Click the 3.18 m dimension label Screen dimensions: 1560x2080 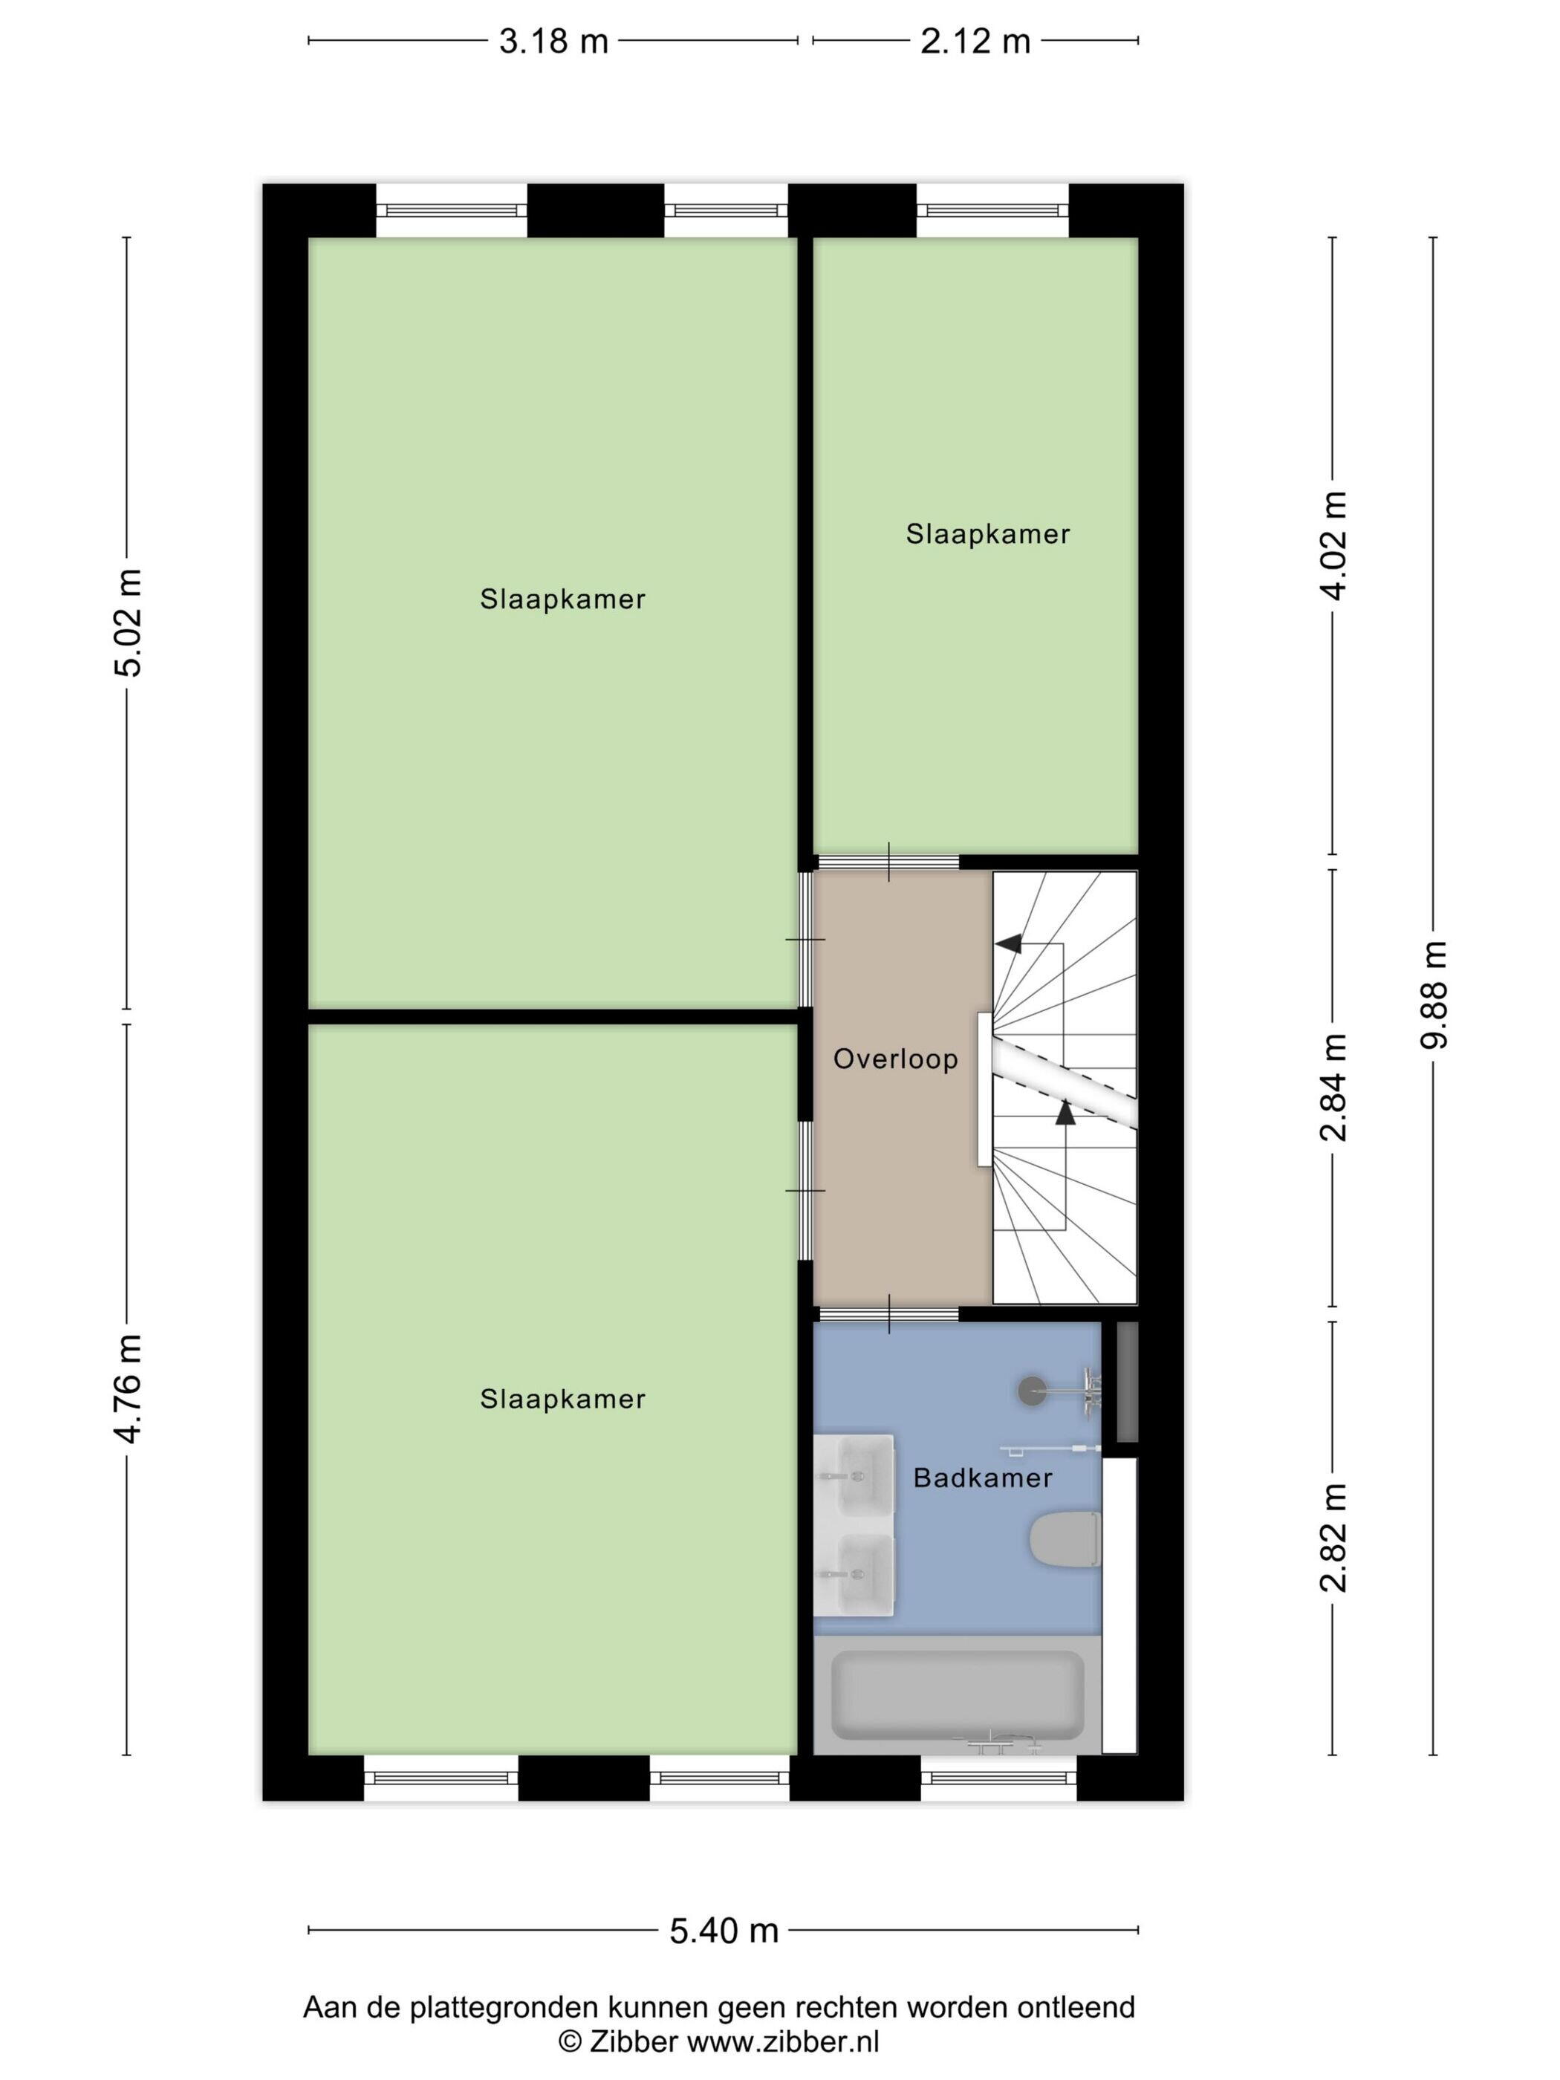tap(553, 42)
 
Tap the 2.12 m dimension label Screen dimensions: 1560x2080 tap(975, 42)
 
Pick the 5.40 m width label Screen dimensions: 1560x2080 tap(723, 1931)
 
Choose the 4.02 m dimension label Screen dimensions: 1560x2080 tap(1333, 545)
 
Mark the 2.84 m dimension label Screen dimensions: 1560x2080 tap(1333, 1087)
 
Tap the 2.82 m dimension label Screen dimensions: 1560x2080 tap(1333, 1538)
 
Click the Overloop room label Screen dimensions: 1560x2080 tap(895, 1059)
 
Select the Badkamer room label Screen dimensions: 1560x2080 tap(983, 1478)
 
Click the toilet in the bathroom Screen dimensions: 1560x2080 tap(1065, 1539)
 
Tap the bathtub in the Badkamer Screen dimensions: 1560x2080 tap(958, 1694)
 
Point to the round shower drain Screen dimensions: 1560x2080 tap(1033, 1391)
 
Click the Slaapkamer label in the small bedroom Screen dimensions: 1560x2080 tap(987, 534)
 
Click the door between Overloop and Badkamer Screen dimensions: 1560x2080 tap(888, 1313)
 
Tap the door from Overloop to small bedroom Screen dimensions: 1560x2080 tap(888, 862)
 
